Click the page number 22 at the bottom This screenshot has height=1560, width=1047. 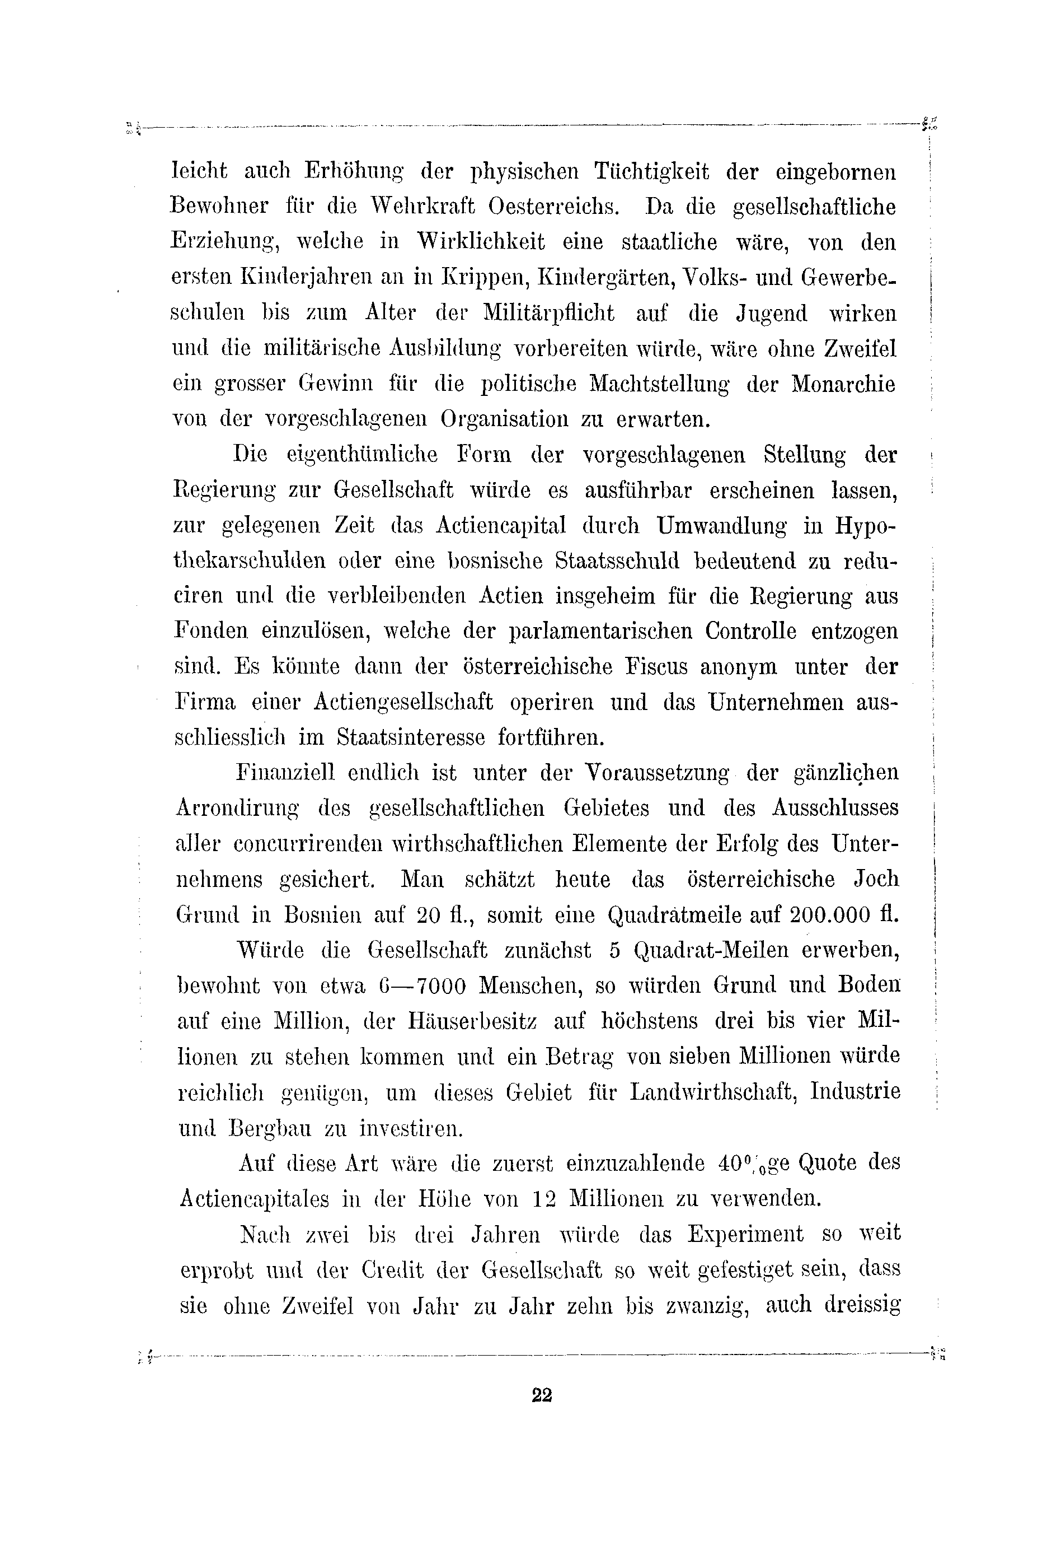click(x=542, y=1395)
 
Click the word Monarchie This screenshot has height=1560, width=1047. click(x=843, y=385)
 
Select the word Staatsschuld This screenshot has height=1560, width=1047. click(x=618, y=561)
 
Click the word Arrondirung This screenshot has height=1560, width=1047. click(x=237, y=809)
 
